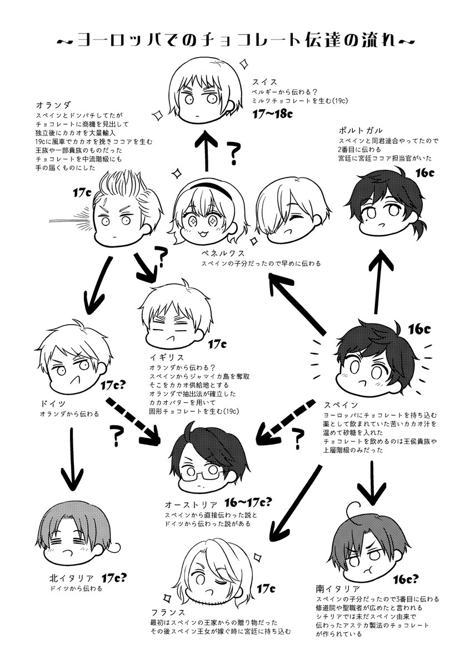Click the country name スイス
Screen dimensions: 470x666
pos(264,82)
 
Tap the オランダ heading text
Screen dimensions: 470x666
pos(54,105)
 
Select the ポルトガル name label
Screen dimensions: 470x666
pos(361,130)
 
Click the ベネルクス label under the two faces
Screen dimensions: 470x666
pos(223,253)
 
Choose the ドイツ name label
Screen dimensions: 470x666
pos(53,404)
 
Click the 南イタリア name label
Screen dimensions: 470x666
pos(338,587)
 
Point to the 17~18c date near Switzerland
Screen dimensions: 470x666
pos(272,114)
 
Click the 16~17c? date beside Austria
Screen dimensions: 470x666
pos(248,502)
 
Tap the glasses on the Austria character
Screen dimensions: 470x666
pos(205,471)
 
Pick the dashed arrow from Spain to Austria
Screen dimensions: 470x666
pos(284,421)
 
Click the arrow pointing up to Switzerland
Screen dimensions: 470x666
pos(206,151)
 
